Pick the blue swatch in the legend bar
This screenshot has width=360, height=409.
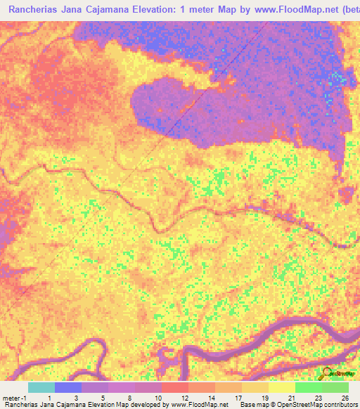(68, 387)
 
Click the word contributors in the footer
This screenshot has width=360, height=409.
(340, 405)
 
